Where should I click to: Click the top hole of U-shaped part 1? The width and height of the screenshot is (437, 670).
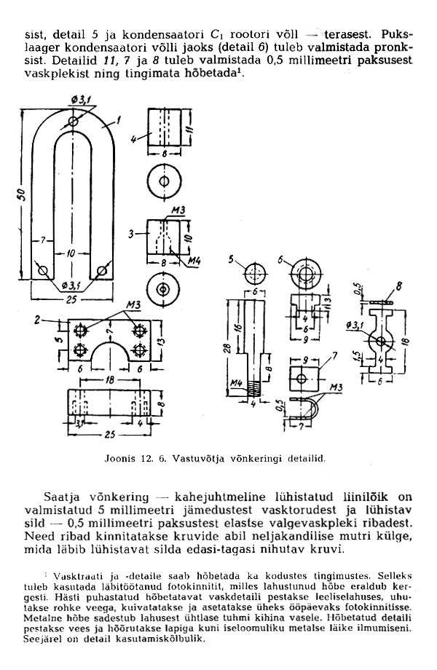coord(74,122)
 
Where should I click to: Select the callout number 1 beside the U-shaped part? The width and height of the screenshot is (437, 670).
coord(118,120)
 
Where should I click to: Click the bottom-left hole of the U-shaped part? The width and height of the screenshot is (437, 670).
coord(43,270)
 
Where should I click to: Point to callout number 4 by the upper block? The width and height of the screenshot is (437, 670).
coord(134,139)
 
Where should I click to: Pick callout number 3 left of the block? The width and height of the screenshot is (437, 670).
coord(132,234)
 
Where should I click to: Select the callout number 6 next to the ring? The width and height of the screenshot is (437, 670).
coord(280,260)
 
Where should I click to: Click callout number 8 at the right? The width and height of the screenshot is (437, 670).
coord(399,286)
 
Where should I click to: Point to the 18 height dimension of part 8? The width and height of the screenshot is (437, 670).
coord(406,342)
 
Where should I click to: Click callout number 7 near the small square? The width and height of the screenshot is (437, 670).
coord(334,355)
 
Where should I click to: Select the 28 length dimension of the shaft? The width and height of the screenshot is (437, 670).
coord(229,349)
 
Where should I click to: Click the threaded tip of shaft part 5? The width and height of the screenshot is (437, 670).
coord(253,389)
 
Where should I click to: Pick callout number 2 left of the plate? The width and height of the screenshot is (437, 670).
coord(37,320)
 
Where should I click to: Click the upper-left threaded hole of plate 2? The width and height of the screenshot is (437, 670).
coord(80,330)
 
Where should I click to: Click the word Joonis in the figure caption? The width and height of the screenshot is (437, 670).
coord(117,459)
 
